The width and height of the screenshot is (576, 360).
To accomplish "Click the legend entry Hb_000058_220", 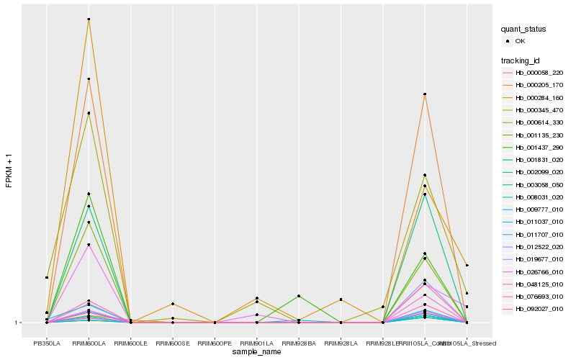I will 539,73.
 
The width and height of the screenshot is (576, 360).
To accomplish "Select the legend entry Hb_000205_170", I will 539,85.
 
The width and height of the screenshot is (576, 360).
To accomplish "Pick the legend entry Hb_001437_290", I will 539,147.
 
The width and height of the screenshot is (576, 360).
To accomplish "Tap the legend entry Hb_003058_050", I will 539,184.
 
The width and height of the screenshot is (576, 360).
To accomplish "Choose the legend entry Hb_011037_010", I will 539,222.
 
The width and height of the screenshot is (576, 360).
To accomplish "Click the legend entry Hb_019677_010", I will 539,259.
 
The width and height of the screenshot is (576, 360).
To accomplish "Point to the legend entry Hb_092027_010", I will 539,309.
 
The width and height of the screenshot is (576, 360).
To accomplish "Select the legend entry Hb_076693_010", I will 539,297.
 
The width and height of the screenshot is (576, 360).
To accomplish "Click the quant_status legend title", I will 523,29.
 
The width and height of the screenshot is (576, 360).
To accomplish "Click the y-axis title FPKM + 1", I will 9,171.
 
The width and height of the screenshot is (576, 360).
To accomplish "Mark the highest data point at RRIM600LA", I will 89,19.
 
